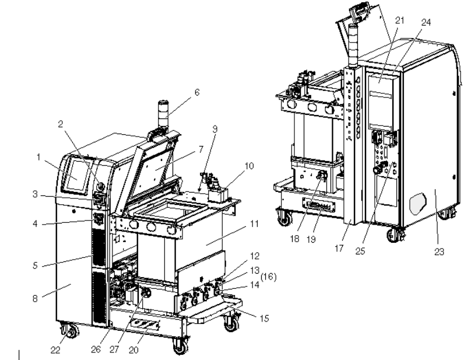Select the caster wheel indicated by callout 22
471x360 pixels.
(x=71, y=332)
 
